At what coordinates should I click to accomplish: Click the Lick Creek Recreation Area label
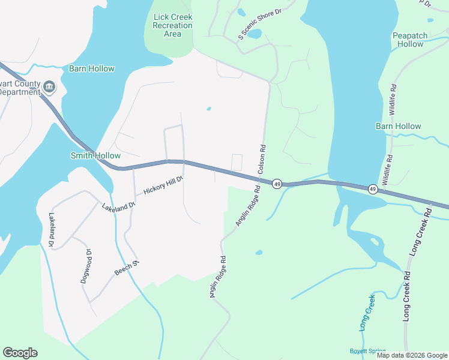pos(173,26)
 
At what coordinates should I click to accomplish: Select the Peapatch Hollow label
pos(410,40)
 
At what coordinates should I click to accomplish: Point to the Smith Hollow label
pos(95,155)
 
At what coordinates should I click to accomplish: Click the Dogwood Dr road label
pos(85,266)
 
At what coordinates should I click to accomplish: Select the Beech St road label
pos(127,268)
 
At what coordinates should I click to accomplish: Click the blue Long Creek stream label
pos(367,313)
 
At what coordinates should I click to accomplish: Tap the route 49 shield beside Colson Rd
pos(277,183)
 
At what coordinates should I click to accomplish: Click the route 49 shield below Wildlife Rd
pos(373,189)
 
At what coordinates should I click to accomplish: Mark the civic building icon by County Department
pos(49,88)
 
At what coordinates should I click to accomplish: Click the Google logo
pos(20,353)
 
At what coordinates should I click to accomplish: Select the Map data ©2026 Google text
pos(411,355)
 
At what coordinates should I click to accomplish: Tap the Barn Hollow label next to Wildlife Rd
pos(398,126)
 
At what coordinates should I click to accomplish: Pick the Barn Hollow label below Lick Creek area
pos(91,68)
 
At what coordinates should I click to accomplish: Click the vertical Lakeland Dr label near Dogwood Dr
pos(52,230)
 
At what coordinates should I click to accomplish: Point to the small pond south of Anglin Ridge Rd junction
pos(259,253)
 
